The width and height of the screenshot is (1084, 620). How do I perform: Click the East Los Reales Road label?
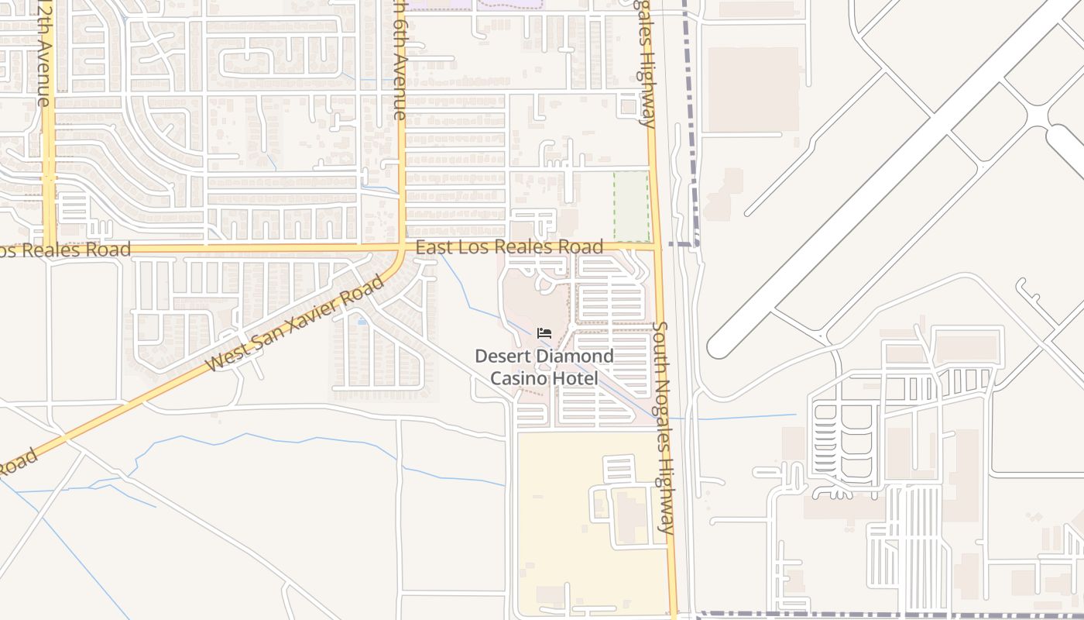(509, 247)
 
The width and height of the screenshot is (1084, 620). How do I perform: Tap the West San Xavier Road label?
(296, 323)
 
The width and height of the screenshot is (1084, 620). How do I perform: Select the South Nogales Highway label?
(664, 428)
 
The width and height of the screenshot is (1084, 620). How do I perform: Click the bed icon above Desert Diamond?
(544, 333)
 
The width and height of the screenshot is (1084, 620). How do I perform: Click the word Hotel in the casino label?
(574, 379)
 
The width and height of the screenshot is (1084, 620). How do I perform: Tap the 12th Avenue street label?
(43, 54)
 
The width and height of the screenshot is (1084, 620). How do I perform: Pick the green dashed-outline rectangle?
(631, 205)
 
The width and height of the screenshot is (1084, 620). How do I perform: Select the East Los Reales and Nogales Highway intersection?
(657, 248)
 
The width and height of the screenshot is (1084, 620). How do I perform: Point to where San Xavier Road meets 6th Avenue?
(402, 250)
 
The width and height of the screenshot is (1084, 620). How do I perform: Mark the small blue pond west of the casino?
(362, 319)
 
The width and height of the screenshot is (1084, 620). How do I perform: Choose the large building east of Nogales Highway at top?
(753, 89)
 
